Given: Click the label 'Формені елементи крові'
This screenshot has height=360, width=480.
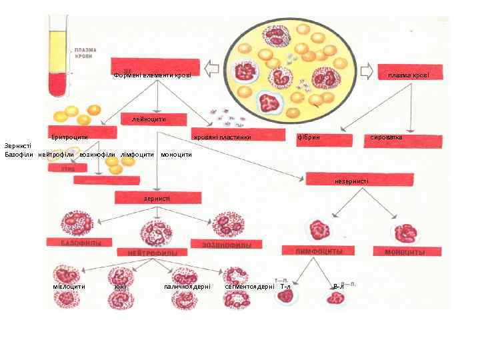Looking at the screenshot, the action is click(x=153, y=75).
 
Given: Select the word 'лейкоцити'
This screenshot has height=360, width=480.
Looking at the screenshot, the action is click(x=149, y=119).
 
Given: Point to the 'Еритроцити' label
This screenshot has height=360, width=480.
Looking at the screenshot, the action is click(x=70, y=137).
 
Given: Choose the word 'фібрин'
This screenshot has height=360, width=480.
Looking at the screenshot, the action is click(x=308, y=137).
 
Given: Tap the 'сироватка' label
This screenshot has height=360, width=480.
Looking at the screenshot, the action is click(x=387, y=137).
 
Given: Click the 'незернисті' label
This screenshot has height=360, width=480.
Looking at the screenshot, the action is click(x=351, y=181).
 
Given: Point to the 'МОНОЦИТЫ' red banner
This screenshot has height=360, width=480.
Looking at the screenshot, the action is click(x=405, y=253).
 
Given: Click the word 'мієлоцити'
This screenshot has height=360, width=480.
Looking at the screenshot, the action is click(x=69, y=286).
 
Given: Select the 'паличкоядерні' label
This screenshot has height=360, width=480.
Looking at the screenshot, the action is click(x=187, y=286).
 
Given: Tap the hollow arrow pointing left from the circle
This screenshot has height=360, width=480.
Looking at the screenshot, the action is click(x=212, y=67).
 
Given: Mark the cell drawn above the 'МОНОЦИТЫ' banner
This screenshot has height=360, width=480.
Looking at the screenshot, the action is click(x=405, y=229).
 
